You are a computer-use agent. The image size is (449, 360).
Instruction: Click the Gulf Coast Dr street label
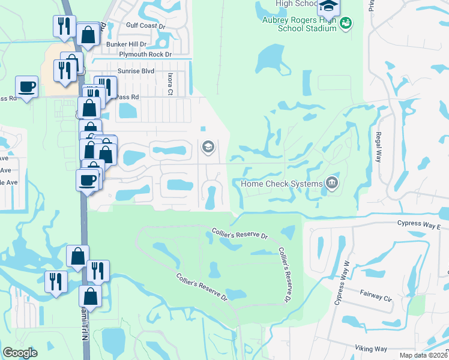pyautogui.click(x=145, y=26)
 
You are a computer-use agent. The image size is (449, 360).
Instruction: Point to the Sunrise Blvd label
pyautogui.click(x=137, y=71)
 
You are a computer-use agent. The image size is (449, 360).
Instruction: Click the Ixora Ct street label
pyautogui.click(x=170, y=85)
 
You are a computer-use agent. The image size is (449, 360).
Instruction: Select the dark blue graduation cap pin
pyautogui.click(x=328, y=6)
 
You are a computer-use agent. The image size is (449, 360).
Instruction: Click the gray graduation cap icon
pyautogui.click(x=208, y=146)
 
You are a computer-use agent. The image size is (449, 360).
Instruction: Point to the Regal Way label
pyautogui.click(x=379, y=147)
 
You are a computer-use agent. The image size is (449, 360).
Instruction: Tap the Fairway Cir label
pyautogui.click(x=376, y=296)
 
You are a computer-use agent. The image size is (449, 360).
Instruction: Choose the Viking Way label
pyautogui.click(x=370, y=349)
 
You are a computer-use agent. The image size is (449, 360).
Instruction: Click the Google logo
pyautogui.click(x=20, y=353)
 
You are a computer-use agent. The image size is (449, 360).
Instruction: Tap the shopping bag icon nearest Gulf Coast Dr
pyautogui.click(x=88, y=35)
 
